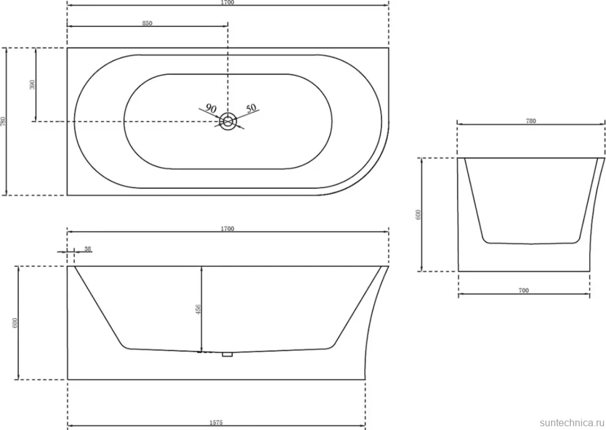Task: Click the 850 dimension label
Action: tap(147, 23)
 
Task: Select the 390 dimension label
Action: tap(32, 84)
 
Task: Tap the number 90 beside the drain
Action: tap(211, 108)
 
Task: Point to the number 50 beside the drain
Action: tap(251, 108)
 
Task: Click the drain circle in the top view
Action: tap(228, 121)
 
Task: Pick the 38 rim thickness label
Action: tap(87, 249)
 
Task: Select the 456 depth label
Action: tap(198, 309)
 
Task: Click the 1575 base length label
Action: tap(216, 422)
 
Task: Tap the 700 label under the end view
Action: tap(524, 291)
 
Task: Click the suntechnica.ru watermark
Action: tap(572, 422)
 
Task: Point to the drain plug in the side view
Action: tap(227, 354)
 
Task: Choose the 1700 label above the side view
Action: tap(227, 229)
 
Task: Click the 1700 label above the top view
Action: tap(227, 2)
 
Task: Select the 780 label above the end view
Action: tap(531, 121)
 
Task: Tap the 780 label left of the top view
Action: tap(4, 121)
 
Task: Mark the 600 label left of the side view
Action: tap(15, 323)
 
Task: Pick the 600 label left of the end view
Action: tap(418, 214)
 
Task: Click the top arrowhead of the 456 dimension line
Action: tap(201, 268)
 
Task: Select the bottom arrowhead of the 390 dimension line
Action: tap(36, 119)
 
